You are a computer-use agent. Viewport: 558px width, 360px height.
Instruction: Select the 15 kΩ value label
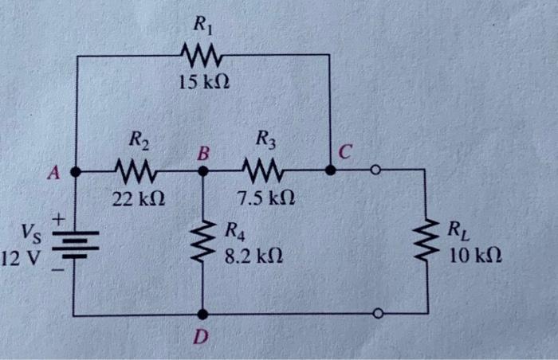click(x=201, y=81)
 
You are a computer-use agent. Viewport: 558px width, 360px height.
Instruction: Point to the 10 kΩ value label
click(x=475, y=257)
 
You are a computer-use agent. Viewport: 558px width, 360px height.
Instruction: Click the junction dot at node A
click(x=75, y=170)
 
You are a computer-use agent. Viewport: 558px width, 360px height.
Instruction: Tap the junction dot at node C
click(x=330, y=170)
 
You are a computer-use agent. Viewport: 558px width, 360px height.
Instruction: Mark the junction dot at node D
click(x=202, y=315)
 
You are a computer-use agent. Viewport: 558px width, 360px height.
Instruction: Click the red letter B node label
click(x=202, y=151)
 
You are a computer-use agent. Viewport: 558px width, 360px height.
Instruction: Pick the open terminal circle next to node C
click(x=374, y=170)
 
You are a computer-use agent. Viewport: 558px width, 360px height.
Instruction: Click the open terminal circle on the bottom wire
click(x=378, y=315)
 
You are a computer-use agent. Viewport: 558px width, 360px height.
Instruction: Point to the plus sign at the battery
click(x=57, y=217)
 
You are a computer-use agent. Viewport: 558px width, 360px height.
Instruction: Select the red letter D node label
click(x=202, y=338)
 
